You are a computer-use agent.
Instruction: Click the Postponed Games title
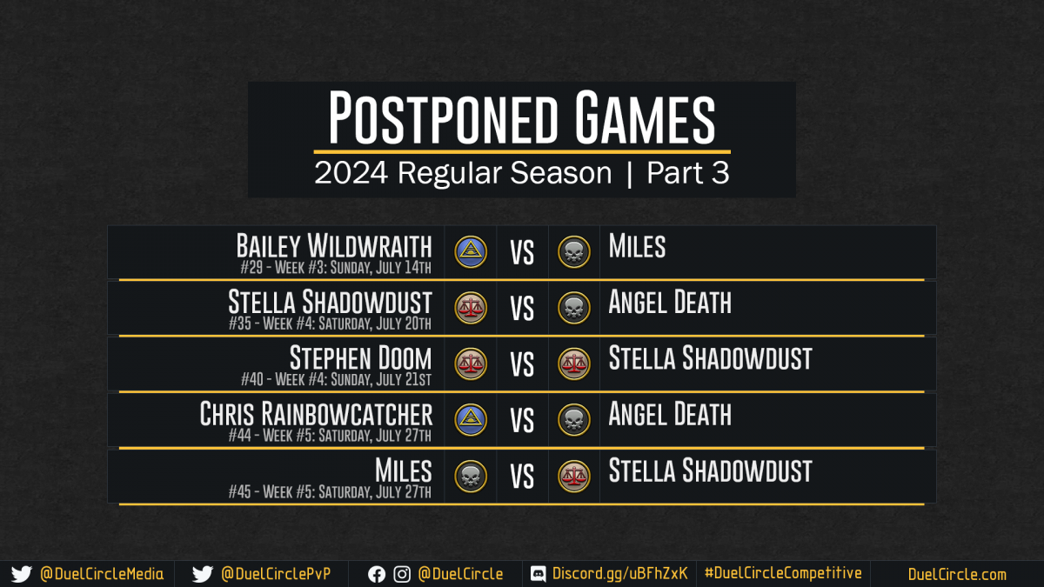521,117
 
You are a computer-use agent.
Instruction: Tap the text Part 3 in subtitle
688,173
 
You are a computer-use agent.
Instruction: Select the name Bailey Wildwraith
334,245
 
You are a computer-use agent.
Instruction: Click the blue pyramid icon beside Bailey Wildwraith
471,252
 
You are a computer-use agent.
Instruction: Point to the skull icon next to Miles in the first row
574,252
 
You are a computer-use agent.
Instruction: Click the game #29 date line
336,268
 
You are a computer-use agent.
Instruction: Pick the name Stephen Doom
361,357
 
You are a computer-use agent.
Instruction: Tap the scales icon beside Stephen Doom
471,364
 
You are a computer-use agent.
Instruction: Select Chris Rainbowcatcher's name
316,414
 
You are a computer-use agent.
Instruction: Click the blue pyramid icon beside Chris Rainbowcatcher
471,420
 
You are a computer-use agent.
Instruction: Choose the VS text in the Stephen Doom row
522,364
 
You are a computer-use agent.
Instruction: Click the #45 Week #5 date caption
330,492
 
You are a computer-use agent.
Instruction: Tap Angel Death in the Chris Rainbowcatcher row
670,414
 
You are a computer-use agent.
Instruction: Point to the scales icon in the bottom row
574,477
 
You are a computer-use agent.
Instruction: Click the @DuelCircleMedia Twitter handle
102,574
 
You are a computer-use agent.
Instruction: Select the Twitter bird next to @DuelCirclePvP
202,575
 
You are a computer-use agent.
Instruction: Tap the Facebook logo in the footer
377,575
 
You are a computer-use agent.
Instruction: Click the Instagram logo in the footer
402,575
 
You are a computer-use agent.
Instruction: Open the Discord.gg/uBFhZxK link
619,573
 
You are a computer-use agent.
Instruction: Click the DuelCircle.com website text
957,574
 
